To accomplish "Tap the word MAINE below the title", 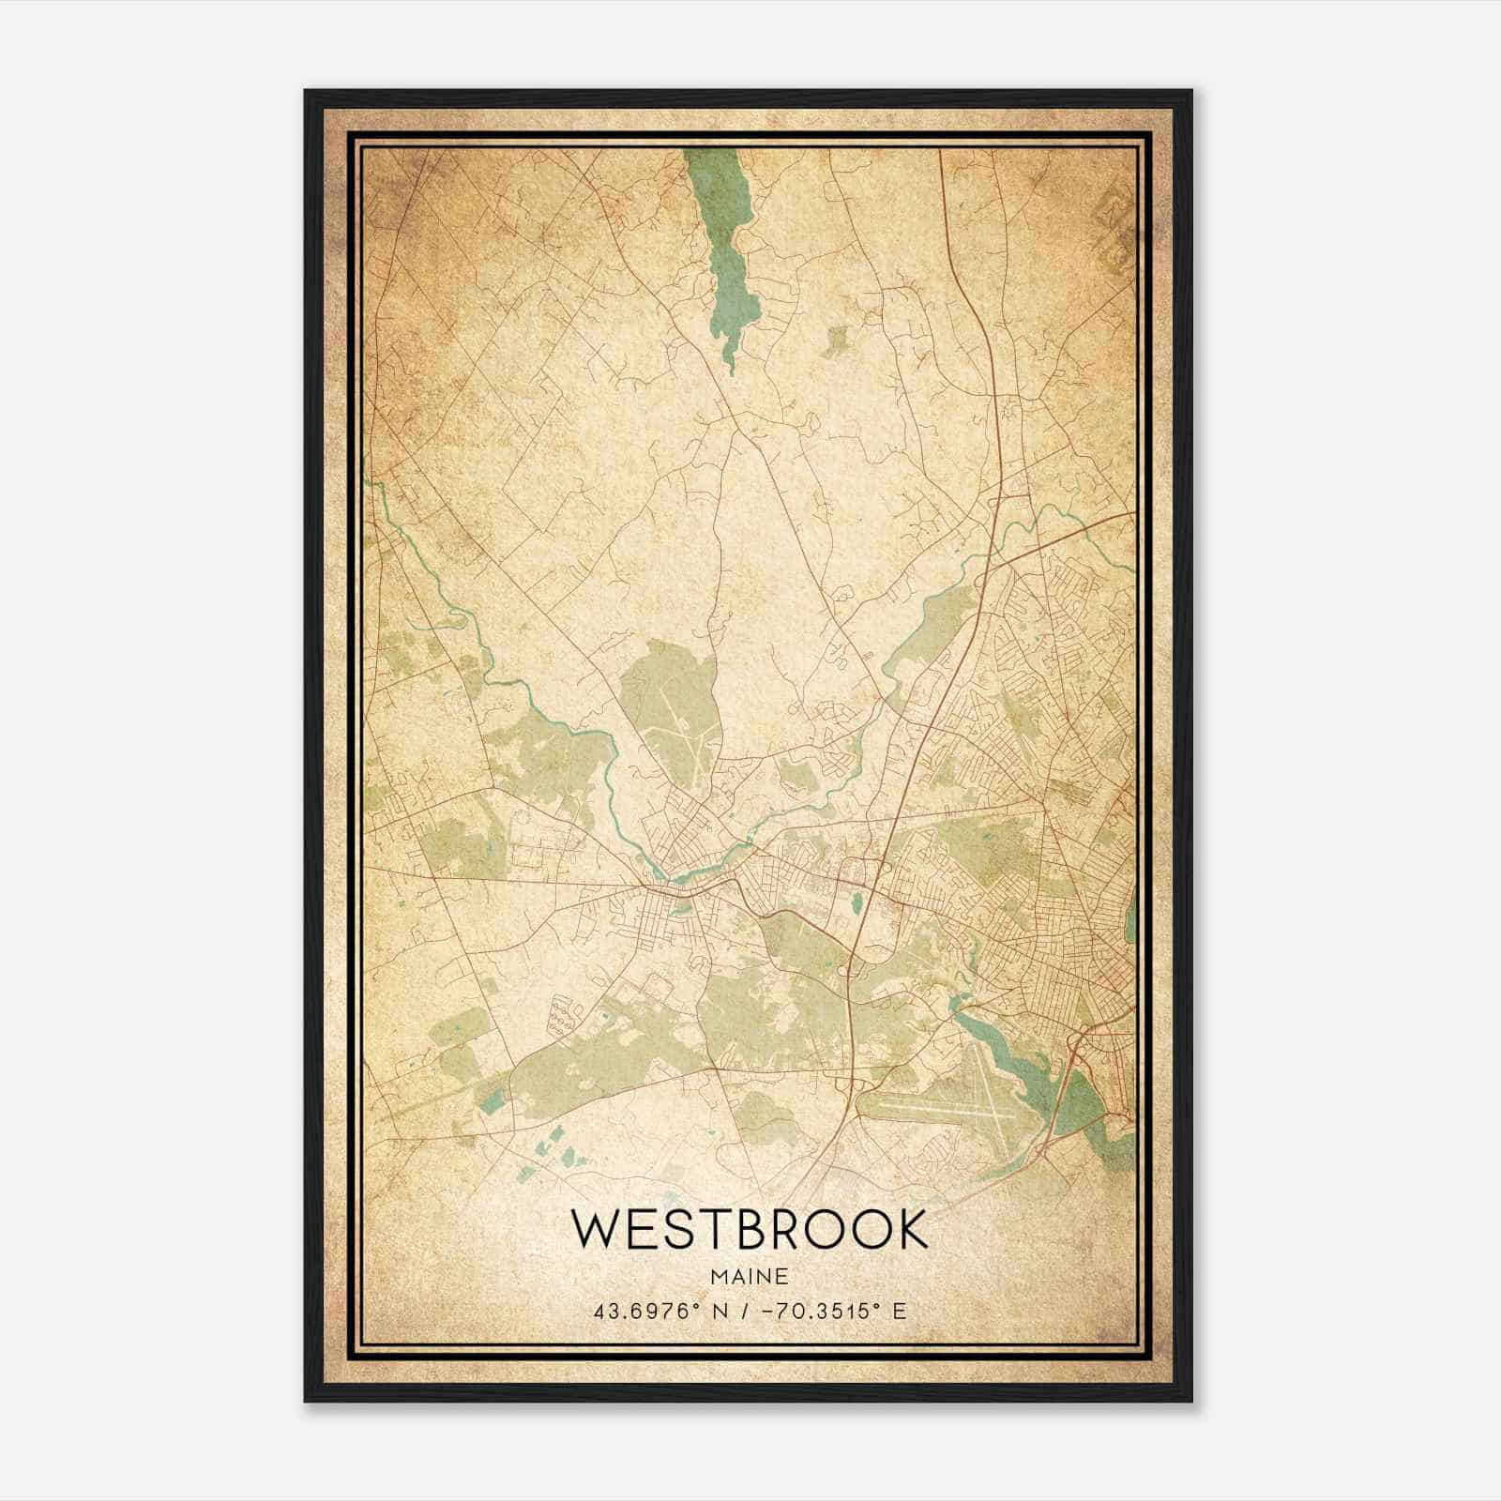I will [749, 1277].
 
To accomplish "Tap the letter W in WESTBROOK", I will [593, 1230].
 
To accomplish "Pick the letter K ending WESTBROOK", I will [910, 1230].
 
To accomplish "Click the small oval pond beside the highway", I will [856, 906].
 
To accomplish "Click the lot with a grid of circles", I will [563, 1015].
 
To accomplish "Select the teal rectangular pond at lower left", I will [490, 1099].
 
